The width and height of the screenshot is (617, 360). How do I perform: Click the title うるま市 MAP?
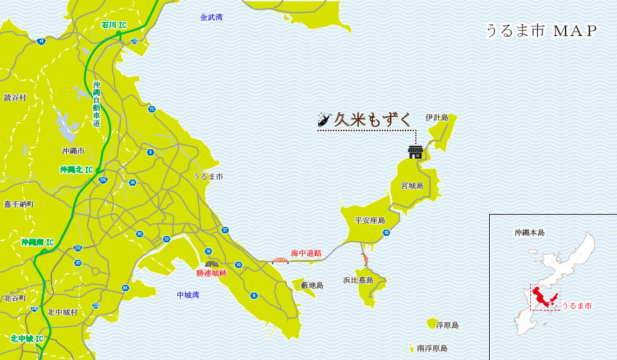[541, 31]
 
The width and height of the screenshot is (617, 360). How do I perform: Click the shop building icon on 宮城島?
[416, 152]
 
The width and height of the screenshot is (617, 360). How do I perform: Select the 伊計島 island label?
[437, 118]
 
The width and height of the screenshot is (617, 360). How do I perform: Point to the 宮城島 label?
[412, 186]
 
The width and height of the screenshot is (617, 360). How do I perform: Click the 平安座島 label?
[370, 221]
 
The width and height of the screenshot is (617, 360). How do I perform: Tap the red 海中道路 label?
[306, 253]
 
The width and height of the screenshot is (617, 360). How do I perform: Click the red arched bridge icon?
[280, 260]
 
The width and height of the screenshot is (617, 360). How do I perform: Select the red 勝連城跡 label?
[211, 273]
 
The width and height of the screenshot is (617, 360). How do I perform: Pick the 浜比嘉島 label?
[358, 280]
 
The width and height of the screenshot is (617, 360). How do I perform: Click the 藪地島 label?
[312, 285]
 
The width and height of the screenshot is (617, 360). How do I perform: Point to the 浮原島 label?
[447, 325]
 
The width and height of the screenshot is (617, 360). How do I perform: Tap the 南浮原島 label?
[432, 348]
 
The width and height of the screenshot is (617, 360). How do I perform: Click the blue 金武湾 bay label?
[211, 17]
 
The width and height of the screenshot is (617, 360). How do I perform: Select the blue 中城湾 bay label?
[188, 295]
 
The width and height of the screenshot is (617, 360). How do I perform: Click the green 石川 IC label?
[114, 25]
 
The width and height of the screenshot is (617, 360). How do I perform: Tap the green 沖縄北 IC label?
[76, 170]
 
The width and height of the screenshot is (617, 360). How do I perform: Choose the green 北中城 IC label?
[27, 339]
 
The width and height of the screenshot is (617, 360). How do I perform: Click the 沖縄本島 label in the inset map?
[530, 233]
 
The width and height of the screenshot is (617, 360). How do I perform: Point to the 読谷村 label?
[15, 98]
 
